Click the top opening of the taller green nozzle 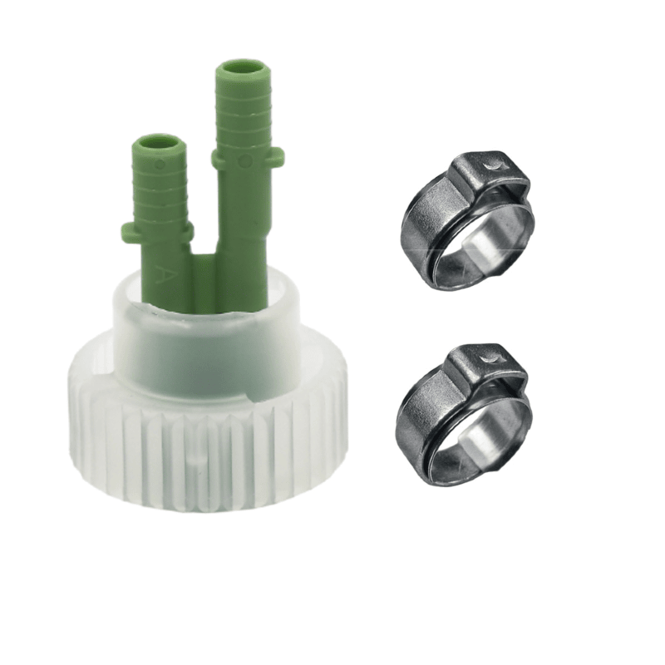click(x=242, y=68)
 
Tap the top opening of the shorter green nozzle click(x=160, y=143)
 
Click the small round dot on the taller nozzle click(x=245, y=160)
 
